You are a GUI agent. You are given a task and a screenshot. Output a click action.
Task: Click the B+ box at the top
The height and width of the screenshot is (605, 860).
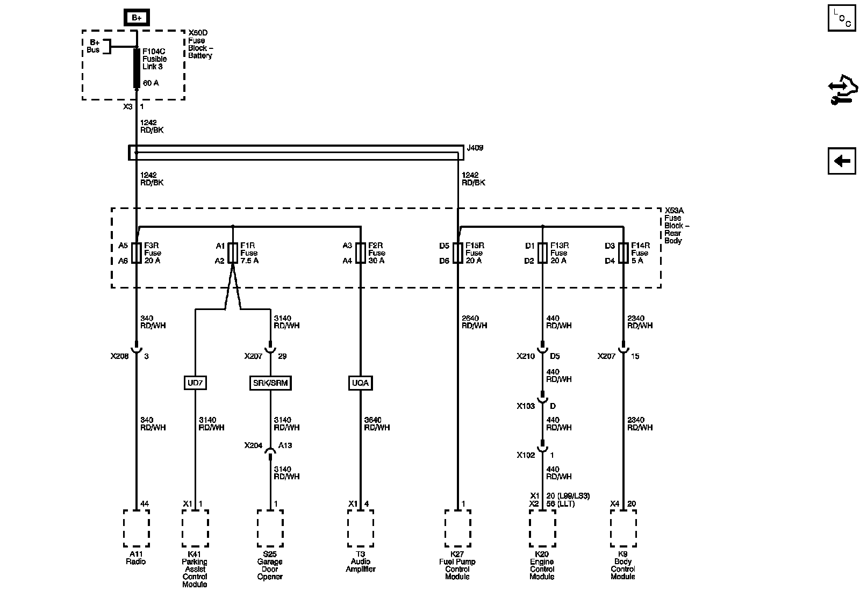[x=137, y=18]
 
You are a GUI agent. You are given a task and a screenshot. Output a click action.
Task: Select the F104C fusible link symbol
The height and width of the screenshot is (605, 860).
[x=137, y=68]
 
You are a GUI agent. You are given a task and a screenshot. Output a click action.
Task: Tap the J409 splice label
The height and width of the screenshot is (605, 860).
[x=476, y=147]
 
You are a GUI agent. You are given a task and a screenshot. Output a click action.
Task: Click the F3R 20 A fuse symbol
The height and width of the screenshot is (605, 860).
[x=137, y=253]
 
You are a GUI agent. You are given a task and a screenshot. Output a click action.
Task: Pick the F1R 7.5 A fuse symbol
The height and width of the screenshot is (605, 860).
[x=233, y=253]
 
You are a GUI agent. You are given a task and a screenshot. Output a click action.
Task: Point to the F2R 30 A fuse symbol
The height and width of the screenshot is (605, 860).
[x=360, y=253]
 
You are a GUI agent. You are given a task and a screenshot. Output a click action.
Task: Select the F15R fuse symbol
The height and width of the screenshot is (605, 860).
[x=458, y=253]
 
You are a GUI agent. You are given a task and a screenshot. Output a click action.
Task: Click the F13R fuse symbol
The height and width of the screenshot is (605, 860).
[x=542, y=253]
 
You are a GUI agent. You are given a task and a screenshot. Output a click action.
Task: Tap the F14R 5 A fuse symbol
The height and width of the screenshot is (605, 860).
[x=623, y=253]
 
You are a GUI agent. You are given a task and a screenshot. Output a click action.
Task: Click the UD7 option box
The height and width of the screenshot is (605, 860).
[x=195, y=383]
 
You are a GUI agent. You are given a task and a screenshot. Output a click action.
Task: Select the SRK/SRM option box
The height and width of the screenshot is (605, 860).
[x=270, y=383]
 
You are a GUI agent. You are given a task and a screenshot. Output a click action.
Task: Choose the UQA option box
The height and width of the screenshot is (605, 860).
[x=360, y=383]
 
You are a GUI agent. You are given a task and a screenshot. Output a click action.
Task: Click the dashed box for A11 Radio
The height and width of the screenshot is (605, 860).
[x=137, y=528]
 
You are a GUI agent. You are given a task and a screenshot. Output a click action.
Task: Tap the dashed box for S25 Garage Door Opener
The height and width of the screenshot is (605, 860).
[x=270, y=528]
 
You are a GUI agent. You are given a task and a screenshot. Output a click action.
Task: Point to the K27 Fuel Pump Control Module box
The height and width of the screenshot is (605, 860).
[x=458, y=528]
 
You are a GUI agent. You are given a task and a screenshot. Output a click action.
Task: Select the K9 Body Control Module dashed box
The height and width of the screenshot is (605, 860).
[x=623, y=528]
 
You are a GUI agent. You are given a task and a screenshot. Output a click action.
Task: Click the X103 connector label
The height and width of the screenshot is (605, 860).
[x=526, y=406]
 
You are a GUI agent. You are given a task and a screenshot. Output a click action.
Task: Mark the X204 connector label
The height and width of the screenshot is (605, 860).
[x=253, y=445]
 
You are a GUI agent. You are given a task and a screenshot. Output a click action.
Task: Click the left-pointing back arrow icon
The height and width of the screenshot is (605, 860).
[x=841, y=161]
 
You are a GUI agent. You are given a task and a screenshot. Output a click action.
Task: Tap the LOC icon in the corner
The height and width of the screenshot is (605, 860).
[x=841, y=18]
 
